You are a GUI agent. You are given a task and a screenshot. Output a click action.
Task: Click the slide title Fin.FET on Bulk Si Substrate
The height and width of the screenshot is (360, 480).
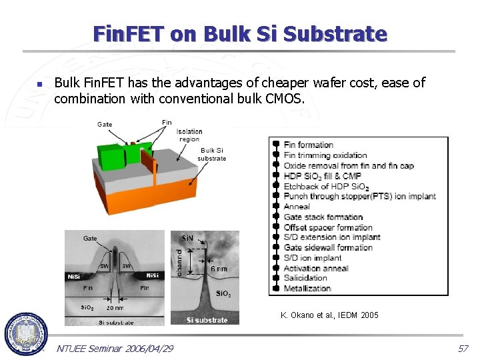click(240, 33)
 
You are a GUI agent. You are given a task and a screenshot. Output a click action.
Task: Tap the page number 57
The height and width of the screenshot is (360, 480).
click(463, 349)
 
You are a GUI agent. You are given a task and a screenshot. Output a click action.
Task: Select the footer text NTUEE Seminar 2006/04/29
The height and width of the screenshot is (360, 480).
click(115, 349)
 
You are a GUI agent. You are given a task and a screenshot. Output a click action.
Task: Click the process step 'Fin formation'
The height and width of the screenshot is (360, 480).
click(308, 145)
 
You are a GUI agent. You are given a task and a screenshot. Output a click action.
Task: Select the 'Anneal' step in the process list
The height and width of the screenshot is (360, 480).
click(297, 207)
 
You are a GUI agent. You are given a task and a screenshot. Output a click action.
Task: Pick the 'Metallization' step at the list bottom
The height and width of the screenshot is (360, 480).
click(307, 289)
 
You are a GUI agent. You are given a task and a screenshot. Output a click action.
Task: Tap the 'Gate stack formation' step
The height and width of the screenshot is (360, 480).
click(323, 217)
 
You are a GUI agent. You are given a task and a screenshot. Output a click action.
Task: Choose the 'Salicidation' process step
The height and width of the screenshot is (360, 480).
click(305, 278)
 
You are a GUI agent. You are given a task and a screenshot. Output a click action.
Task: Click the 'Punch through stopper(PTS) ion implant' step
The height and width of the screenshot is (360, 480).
click(359, 197)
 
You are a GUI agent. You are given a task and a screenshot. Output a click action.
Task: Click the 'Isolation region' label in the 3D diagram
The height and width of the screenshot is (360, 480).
click(189, 135)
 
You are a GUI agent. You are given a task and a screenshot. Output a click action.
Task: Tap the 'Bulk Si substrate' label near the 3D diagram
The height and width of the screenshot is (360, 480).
click(212, 154)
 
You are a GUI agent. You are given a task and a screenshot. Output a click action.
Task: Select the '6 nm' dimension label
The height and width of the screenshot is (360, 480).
click(219, 269)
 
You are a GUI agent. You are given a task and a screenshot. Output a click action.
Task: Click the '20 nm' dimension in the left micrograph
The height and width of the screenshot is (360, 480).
click(115, 308)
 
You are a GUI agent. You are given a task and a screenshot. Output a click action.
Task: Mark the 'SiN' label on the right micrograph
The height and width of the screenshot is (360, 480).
click(187, 238)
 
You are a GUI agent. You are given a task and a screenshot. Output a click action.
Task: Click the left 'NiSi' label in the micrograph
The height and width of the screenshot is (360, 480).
click(73, 276)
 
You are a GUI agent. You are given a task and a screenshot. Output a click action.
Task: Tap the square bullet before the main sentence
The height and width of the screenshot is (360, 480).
click(39, 85)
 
